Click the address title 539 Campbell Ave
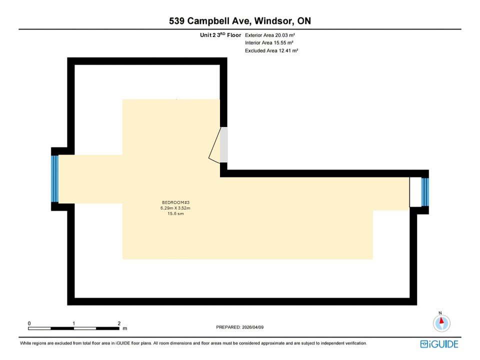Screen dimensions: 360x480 click(210, 21)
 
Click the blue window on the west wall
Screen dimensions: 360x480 click(55, 178)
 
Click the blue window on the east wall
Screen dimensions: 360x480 click(425, 192)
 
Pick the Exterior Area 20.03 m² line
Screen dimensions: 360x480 click(272, 35)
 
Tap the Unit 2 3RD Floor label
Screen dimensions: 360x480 click(220, 35)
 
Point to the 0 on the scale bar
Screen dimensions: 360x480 click(29, 323)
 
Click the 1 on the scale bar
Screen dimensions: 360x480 click(74, 323)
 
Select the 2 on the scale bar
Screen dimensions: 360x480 click(119, 323)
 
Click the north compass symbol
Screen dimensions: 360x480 click(441, 323)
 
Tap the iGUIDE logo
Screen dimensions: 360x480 click(439, 344)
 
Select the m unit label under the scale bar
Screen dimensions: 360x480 click(124, 328)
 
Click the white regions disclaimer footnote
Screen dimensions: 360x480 click(193, 343)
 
